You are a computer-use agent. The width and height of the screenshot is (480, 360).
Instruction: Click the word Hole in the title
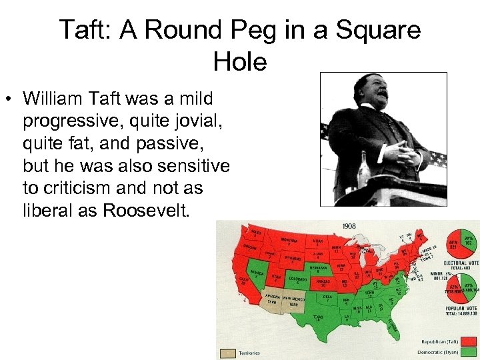240,62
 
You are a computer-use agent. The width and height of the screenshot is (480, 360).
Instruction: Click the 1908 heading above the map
349,227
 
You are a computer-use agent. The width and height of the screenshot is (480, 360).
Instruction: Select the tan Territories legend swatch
227,353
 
